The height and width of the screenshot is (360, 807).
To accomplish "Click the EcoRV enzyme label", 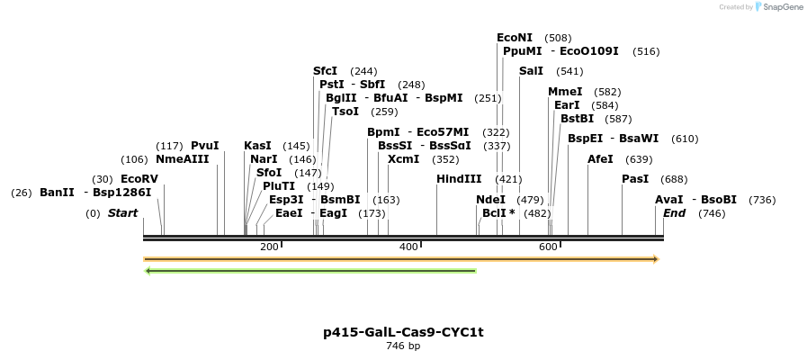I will tap(139, 179).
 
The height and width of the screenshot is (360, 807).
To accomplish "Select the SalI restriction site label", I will tap(531, 71).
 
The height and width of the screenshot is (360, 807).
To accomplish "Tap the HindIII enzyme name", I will tap(459, 179).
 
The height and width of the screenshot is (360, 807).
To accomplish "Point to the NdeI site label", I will tap(490, 200).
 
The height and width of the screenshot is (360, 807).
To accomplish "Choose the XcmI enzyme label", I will tap(403, 159).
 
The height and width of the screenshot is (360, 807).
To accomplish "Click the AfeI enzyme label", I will tap(600, 159).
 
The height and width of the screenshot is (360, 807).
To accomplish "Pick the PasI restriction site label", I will tap(635, 179).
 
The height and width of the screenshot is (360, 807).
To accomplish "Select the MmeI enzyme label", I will tap(565, 92).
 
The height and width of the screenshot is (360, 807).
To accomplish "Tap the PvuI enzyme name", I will tap(204, 146).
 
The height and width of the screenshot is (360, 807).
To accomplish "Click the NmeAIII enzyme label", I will tap(182, 159).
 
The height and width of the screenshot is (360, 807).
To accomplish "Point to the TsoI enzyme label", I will tap(345, 112).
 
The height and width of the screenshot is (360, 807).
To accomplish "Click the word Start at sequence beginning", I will tap(123, 213).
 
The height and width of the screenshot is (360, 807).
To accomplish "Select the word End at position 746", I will tap(675, 213).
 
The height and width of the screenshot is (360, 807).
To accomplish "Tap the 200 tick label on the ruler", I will tap(269, 247).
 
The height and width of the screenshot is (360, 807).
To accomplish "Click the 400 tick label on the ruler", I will tap(409, 247).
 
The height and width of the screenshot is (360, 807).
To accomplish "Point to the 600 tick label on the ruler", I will tap(549, 247).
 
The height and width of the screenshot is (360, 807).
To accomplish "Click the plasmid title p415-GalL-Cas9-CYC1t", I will tap(403, 332).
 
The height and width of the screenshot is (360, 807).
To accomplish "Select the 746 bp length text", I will tap(403, 346).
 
